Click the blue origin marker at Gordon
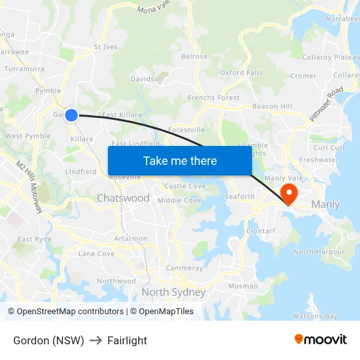click(x=71, y=115)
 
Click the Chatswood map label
click(x=123, y=198)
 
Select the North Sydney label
click(x=173, y=293)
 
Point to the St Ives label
click(x=105, y=47)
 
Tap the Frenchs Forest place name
click(x=213, y=98)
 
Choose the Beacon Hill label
click(x=272, y=106)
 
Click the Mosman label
click(x=243, y=286)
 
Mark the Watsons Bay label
click(x=315, y=316)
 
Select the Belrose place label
click(x=194, y=57)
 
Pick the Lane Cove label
click(x=96, y=253)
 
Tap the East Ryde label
click(x=34, y=240)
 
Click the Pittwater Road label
click(x=327, y=104)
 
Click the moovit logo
click(x=320, y=340)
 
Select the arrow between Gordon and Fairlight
click(x=96, y=340)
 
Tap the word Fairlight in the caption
click(x=127, y=340)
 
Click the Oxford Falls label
click(x=241, y=73)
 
